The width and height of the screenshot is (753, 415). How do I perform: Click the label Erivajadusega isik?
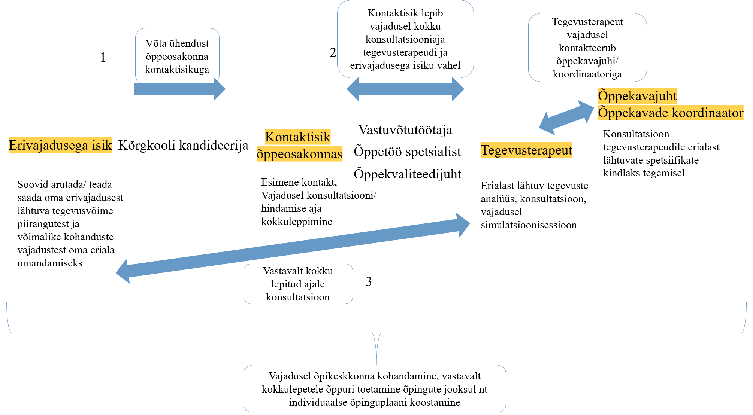(60, 145)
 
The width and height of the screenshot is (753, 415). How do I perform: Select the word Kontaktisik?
(297, 137)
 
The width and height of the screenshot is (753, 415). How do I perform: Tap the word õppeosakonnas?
(299, 154)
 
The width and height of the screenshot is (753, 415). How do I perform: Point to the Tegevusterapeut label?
(526, 150)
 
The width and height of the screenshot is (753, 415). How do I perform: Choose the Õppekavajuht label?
(637, 96)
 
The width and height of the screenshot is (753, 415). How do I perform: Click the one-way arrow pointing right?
(176, 89)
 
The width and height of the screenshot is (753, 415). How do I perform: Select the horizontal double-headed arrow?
(405, 89)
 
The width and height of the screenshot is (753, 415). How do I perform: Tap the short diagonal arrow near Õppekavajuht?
(566, 118)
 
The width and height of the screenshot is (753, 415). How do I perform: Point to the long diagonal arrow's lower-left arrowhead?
(124, 271)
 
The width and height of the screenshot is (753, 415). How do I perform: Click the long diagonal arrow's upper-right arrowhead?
(463, 225)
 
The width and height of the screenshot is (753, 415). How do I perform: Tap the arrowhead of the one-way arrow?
(219, 89)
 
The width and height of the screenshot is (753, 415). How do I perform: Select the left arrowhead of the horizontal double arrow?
(353, 89)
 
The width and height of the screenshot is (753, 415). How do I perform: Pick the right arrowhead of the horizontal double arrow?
(458, 89)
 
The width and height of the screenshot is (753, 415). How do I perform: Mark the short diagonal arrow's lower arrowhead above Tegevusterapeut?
(547, 125)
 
